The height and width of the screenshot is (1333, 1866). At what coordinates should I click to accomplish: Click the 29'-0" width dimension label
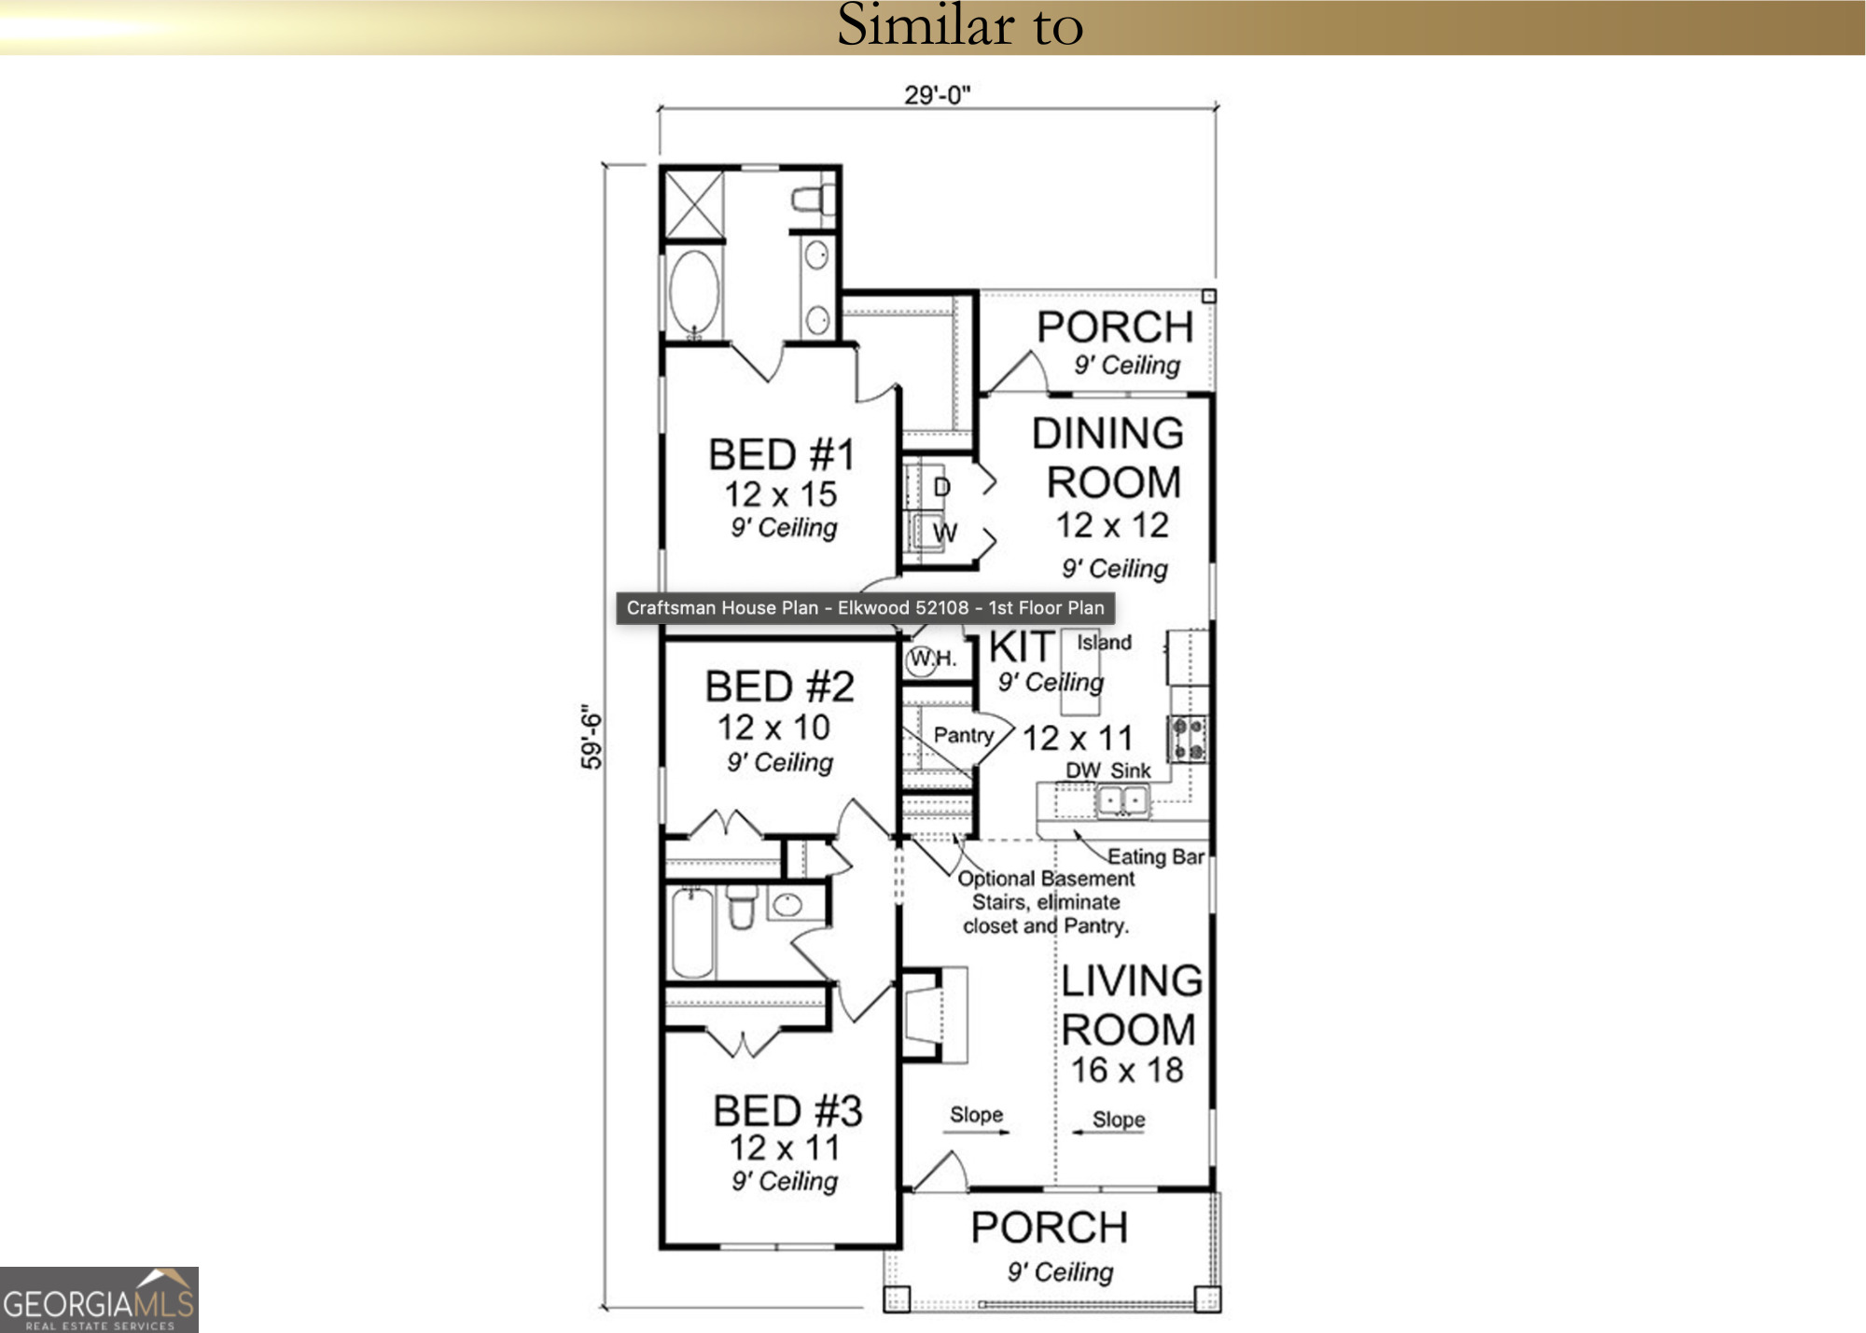pyautogui.click(x=937, y=95)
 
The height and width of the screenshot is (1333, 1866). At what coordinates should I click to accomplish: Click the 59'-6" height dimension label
pyautogui.click(x=592, y=736)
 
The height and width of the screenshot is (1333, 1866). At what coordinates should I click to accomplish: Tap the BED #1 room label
pyautogui.click(x=781, y=455)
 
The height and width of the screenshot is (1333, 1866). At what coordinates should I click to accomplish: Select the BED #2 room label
pyautogui.click(x=779, y=687)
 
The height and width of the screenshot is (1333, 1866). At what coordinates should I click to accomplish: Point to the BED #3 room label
pyautogui.click(x=787, y=1111)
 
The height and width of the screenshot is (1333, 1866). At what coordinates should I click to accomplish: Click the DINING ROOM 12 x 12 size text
pyautogui.click(x=1111, y=525)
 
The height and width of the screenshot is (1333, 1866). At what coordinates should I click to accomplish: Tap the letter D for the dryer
pyautogui.click(x=941, y=487)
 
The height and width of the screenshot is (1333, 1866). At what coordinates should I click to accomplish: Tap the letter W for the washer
pyautogui.click(x=944, y=533)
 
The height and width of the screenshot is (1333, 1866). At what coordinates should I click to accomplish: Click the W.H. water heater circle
pyautogui.click(x=922, y=659)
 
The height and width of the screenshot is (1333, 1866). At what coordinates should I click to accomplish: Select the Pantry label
pyautogui.click(x=963, y=735)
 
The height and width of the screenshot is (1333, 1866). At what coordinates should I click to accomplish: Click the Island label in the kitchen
pyautogui.click(x=1104, y=643)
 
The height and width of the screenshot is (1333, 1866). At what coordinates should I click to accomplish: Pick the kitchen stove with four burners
pyautogui.click(x=1188, y=738)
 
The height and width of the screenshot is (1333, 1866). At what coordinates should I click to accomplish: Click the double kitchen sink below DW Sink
pyautogui.click(x=1122, y=800)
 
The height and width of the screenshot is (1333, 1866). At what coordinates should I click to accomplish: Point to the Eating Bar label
pyautogui.click(x=1155, y=856)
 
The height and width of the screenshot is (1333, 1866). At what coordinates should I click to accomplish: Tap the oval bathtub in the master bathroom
pyautogui.click(x=693, y=292)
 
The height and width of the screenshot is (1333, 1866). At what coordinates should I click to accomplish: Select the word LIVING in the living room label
pyautogui.click(x=1132, y=981)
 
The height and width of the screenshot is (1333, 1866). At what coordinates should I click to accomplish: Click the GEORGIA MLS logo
pyautogui.click(x=99, y=1299)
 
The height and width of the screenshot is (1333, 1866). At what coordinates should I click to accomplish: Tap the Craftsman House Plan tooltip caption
pyautogui.click(x=865, y=608)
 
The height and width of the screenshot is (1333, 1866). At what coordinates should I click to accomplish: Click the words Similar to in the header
pyautogui.click(x=959, y=25)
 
